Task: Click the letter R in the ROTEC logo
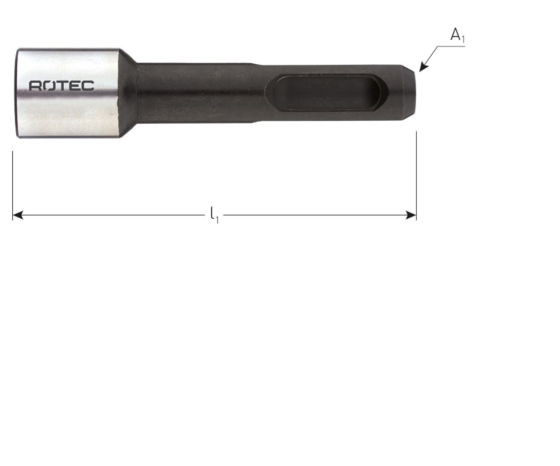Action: [x=35, y=86]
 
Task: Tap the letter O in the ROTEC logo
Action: [x=48, y=86]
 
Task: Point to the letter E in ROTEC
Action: [x=74, y=86]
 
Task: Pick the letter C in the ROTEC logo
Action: [x=88, y=86]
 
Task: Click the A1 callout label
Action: [x=458, y=35]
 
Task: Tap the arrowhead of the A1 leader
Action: [x=423, y=67]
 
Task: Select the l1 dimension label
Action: [x=214, y=215]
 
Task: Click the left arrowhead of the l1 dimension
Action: [x=18, y=215]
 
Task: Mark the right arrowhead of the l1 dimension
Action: [x=411, y=215]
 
